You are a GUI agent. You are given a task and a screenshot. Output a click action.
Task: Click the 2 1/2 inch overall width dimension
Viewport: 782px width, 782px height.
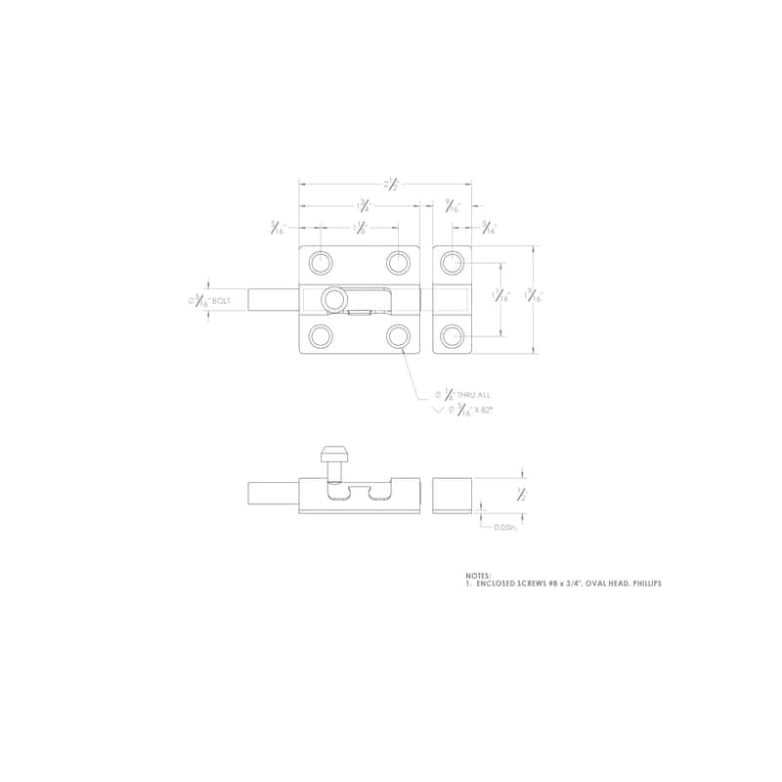[391, 183]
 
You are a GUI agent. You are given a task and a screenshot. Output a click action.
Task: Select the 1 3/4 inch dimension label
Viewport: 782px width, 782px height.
[363, 205]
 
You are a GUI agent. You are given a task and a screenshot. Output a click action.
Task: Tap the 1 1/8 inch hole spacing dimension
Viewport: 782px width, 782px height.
[360, 229]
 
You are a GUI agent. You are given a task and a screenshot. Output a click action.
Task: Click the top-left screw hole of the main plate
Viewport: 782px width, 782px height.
[320, 262]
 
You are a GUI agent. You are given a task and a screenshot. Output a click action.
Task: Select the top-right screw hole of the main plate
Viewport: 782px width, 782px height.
[398, 262]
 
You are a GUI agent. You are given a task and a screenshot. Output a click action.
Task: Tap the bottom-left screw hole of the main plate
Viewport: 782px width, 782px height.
[320, 335]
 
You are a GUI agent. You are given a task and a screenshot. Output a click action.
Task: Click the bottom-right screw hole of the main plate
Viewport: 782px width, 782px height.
[398, 335]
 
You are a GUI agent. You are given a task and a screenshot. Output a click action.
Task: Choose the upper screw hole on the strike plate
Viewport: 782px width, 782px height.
[451, 262]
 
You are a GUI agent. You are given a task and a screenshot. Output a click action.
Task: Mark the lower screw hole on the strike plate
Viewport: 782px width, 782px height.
[451, 335]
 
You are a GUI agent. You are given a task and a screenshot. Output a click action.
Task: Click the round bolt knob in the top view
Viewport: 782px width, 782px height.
[335, 298]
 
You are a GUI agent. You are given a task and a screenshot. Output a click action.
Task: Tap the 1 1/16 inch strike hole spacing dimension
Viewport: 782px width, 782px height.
[501, 297]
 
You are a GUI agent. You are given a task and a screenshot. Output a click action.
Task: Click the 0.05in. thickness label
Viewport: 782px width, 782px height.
[504, 527]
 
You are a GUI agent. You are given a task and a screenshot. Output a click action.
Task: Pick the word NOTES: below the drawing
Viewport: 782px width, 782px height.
[479, 576]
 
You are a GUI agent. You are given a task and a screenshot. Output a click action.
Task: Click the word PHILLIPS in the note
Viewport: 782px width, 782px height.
[644, 584]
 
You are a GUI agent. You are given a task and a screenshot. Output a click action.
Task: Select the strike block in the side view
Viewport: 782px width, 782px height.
[452, 495]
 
